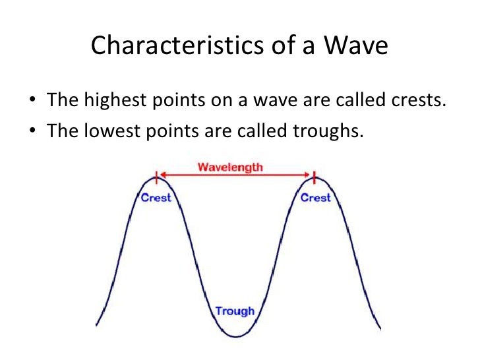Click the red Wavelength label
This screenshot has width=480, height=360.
[230, 167]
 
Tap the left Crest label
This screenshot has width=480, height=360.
[156, 197]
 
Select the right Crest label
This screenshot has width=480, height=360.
[315, 197]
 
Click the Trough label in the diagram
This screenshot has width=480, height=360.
[235, 311]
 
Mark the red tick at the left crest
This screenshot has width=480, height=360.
[156, 177]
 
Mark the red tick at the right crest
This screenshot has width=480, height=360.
[315, 177]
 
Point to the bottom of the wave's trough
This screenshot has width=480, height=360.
[235, 336]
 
